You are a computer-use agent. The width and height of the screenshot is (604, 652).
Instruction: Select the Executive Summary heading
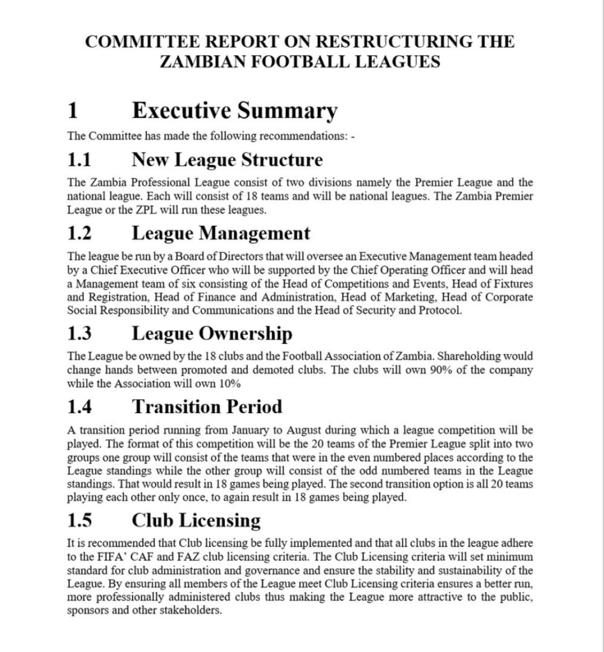[x=234, y=111]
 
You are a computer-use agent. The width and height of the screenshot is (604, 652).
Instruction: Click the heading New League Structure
[x=227, y=159]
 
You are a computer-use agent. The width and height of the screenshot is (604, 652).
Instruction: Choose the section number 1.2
[x=80, y=234]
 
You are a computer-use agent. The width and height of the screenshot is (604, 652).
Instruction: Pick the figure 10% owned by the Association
[x=227, y=383]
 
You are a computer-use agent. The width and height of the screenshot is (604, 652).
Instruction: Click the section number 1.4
[x=80, y=406]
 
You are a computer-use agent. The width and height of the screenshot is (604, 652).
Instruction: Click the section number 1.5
[x=80, y=520]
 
